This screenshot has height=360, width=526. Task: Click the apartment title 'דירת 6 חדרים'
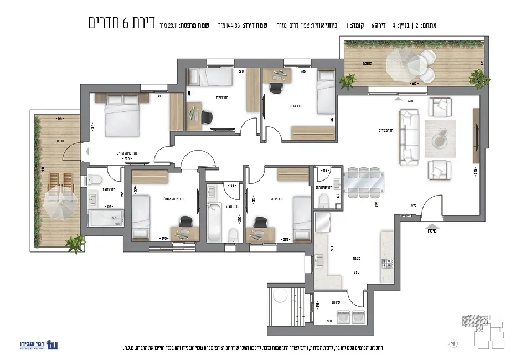[x=122, y=23]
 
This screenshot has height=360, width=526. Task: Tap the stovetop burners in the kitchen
[x=386, y=263]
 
